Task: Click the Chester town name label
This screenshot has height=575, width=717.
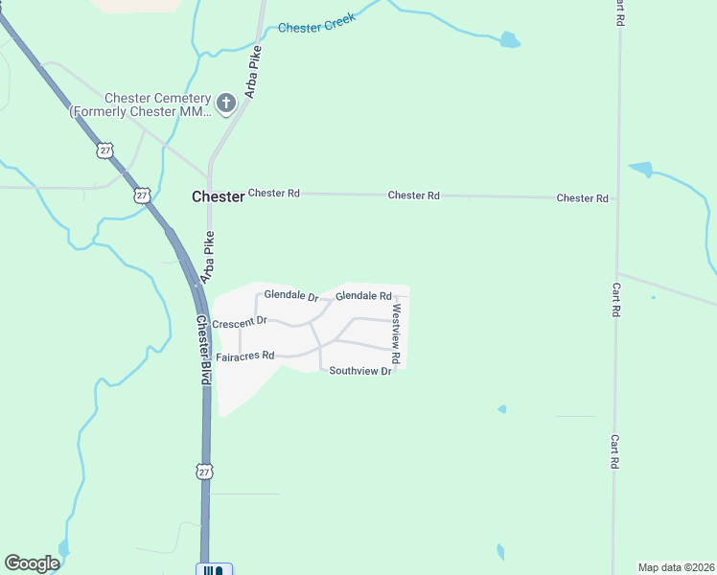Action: pos(218,196)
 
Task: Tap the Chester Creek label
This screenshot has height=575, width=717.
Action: pos(316,23)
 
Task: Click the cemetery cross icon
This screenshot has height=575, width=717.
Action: pos(226,103)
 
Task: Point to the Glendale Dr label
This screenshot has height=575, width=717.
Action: pos(290,296)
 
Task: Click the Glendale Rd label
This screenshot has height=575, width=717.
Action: pos(363,296)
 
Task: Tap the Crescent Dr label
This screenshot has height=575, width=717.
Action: pos(239,323)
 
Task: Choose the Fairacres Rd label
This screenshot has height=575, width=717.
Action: pos(245,356)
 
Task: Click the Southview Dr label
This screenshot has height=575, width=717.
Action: pos(360,371)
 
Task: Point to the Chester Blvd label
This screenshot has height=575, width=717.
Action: pos(202,350)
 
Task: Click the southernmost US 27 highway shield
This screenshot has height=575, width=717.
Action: pos(203,471)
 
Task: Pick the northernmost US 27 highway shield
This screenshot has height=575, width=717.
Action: pos(104,150)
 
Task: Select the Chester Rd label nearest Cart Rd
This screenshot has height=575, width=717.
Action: pos(582,198)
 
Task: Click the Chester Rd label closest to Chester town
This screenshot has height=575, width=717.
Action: pos(273,193)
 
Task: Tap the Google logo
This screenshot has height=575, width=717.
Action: pos(32,563)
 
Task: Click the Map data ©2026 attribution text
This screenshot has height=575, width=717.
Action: pos(675,566)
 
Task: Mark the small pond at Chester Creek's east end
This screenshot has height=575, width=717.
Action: pos(510,40)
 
